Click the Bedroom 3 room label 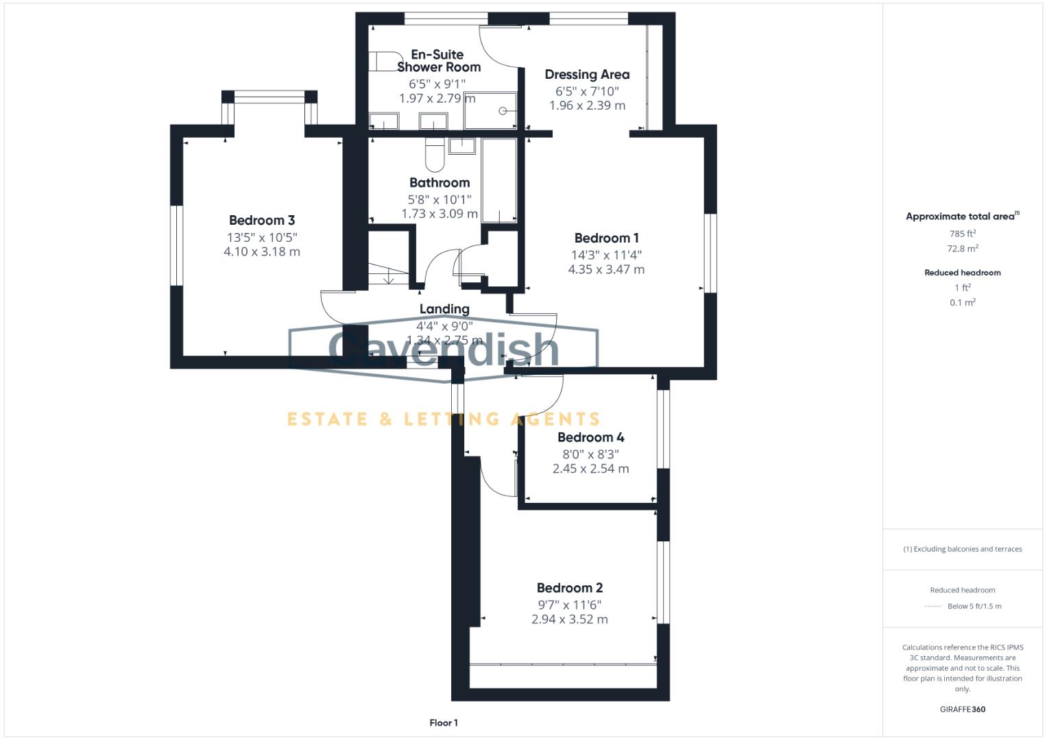(x=262, y=220)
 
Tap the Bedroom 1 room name (x=606, y=238)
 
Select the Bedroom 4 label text (x=590, y=437)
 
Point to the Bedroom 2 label (x=569, y=588)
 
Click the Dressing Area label (x=587, y=75)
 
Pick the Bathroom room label (x=440, y=183)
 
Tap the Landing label (x=444, y=309)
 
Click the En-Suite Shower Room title (x=438, y=60)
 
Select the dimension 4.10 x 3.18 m (x=262, y=251)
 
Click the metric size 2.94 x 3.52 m (x=569, y=619)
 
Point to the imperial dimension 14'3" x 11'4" (x=606, y=255)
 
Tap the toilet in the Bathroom (x=435, y=156)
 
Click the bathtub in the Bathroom (x=499, y=180)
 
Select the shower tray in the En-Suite (x=490, y=110)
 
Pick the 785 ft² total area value (x=962, y=233)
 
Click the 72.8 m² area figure (x=962, y=249)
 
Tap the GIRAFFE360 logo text (x=962, y=709)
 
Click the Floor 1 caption (x=444, y=723)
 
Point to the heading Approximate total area (x=960, y=217)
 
